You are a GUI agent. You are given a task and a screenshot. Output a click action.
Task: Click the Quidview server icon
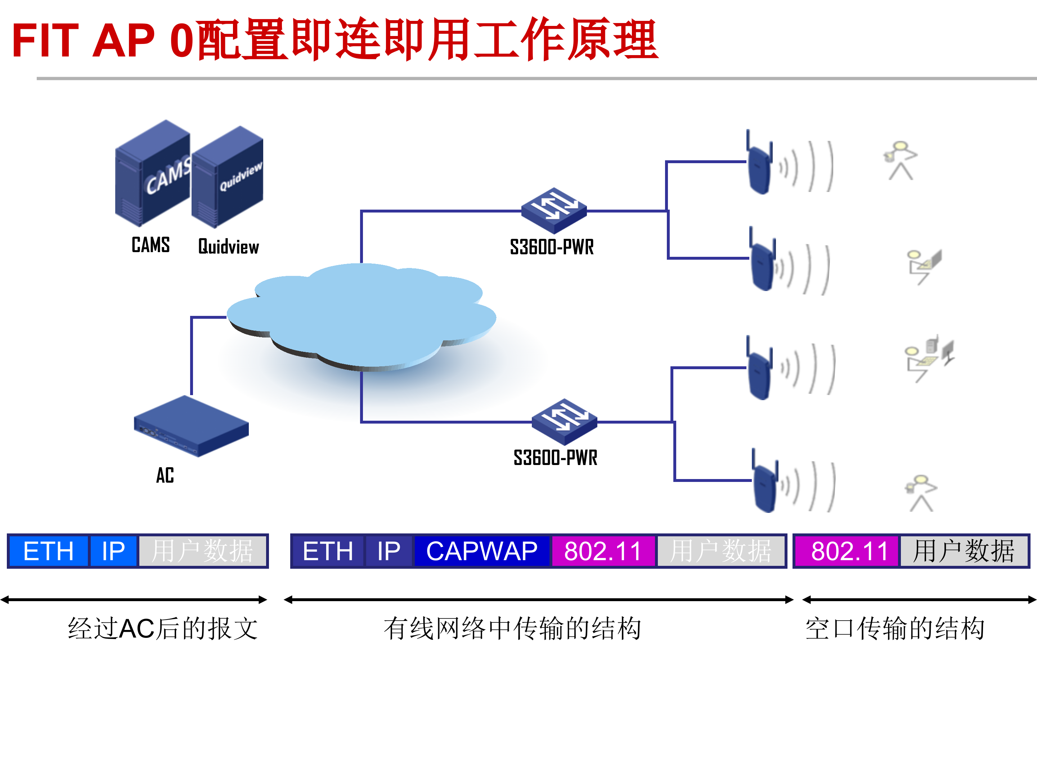coord(228,178)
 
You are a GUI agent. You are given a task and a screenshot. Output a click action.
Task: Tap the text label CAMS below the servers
coord(151,245)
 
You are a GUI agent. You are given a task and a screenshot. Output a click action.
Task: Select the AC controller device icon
coord(191,426)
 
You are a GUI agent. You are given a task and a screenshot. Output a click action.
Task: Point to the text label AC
coord(165,475)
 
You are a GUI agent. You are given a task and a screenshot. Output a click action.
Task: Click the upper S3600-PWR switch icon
coord(554,211)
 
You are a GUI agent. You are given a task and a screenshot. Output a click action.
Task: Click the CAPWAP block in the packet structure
coord(481,551)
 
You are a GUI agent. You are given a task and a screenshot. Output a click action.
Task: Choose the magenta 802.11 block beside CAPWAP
coord(603,551)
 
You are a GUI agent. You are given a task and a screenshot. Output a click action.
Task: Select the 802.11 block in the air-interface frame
coord(849,551)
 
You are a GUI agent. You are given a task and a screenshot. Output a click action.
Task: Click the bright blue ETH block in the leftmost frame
coord(48,551)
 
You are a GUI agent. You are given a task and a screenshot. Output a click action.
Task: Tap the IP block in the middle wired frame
coord(389,551)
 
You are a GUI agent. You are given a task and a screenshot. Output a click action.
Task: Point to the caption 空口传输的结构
coord(894,629)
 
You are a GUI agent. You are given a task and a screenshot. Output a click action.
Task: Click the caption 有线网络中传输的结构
coord(512,629)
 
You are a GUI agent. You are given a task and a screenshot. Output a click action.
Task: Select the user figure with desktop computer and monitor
coord(928,359)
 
